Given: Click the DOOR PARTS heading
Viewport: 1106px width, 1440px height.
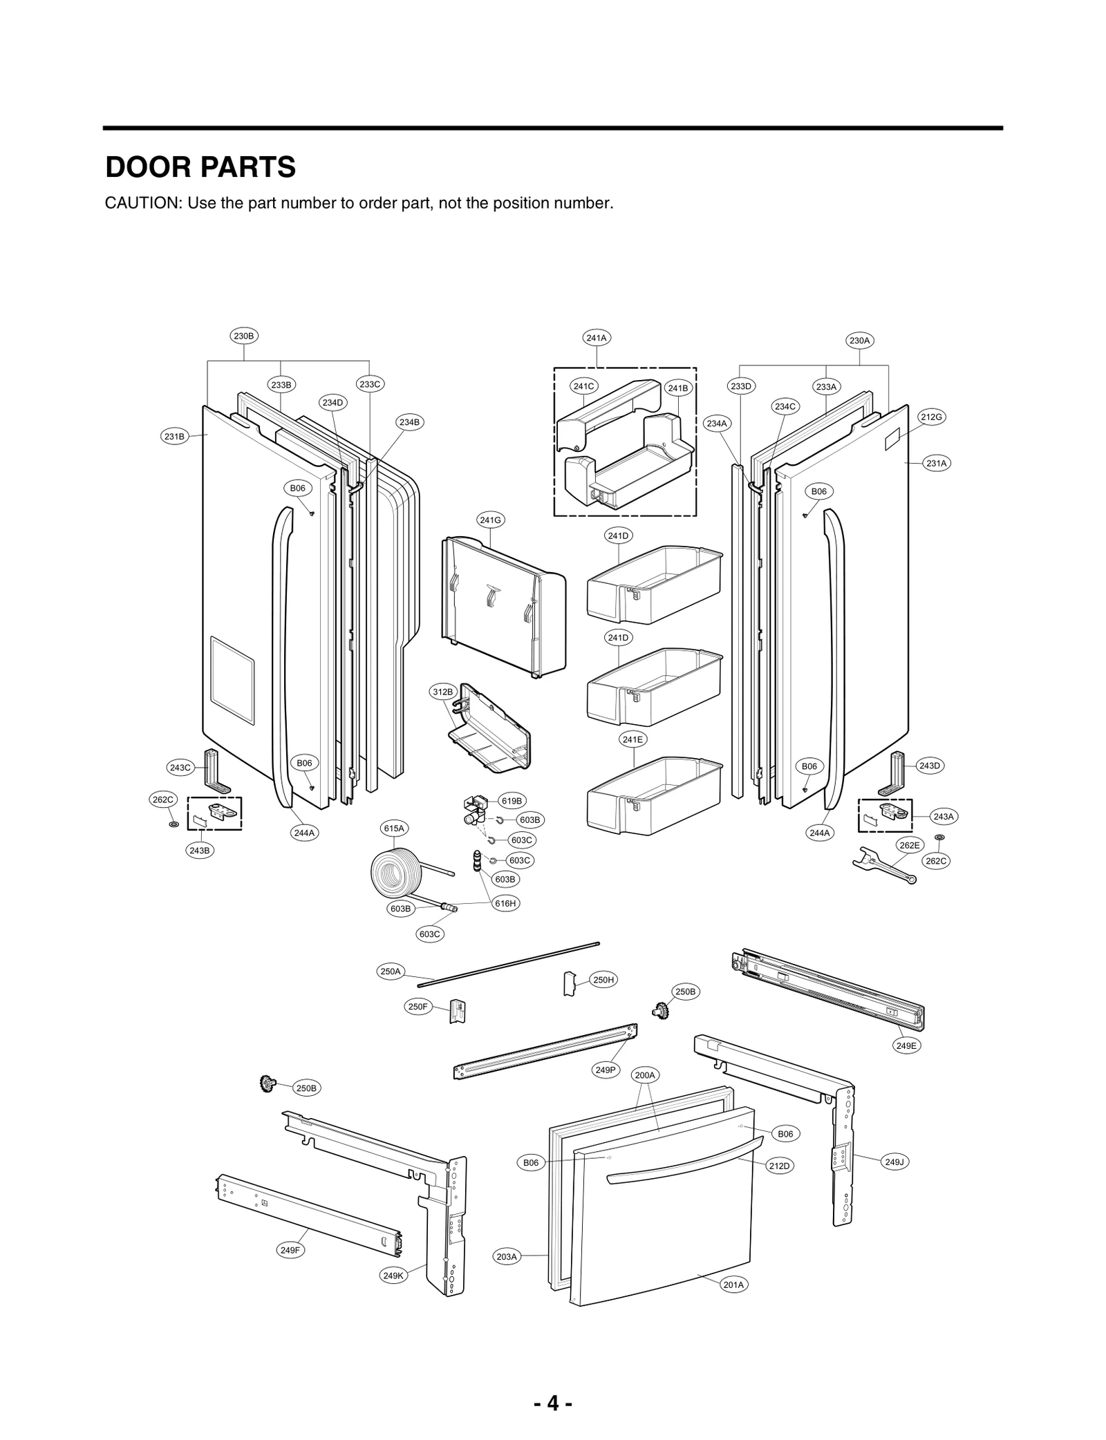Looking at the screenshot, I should coord(200,168).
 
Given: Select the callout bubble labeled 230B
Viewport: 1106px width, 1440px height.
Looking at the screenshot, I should coord(243,337).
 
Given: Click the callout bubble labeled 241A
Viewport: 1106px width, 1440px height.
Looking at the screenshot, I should coord(596,338).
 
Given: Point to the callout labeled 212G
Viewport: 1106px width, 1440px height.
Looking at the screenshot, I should coord(931,417).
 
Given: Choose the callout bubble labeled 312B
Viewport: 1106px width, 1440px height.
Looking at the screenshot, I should coord(442,692).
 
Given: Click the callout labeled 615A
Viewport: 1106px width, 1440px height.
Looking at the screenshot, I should coord(394,828).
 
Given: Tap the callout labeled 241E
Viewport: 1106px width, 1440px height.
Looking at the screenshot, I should coord(632,739).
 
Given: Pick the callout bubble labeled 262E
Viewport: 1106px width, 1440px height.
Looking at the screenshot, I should coord(909,845).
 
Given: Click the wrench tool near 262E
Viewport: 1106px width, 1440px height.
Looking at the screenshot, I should coord(885,864).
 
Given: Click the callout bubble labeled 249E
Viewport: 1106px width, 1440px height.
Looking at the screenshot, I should coord(906,1046).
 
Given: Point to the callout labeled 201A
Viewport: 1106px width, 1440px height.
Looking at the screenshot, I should coord(733,1285).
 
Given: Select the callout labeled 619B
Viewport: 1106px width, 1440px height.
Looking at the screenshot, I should coord(512,802).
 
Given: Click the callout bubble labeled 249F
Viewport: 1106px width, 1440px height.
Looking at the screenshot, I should coord(290,1250).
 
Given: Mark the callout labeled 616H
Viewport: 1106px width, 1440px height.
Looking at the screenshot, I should coord(505,903).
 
